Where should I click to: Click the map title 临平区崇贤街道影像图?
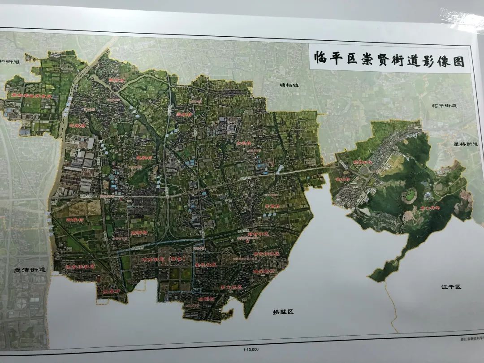click(389, 59)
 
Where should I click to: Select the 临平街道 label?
click(444, 106)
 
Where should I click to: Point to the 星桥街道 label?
click(465, 144)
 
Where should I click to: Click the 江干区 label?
click(451, 286)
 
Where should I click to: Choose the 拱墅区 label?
click(283, 311)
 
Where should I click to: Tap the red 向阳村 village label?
click(206, 298)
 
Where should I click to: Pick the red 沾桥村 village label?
click(138, 233)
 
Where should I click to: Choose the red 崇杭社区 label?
click(206, 264)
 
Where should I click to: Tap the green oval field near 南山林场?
click(408, 195)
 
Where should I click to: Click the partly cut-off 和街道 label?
click(10, 62)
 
